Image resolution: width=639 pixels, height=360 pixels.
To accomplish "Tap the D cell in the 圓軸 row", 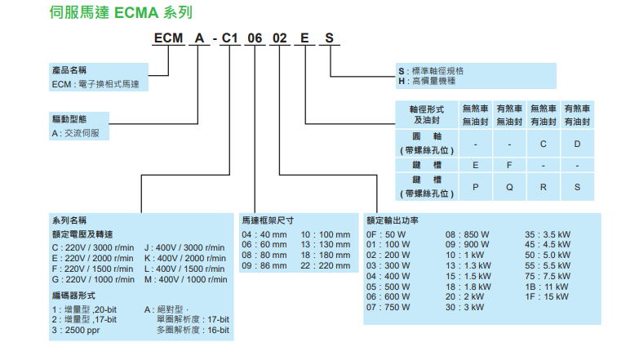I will tap(576, 144).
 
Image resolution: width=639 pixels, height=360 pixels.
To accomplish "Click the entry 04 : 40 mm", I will tap(265, 234).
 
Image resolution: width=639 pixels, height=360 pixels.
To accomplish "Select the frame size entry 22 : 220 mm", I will tap(325, 265).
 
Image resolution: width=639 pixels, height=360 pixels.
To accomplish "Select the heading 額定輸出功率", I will tap(393, 220).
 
